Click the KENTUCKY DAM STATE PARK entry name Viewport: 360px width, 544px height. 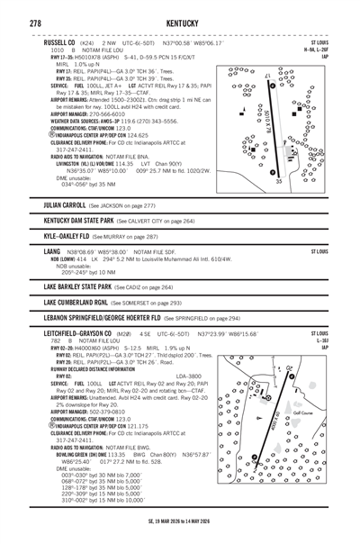click(90, 219)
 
